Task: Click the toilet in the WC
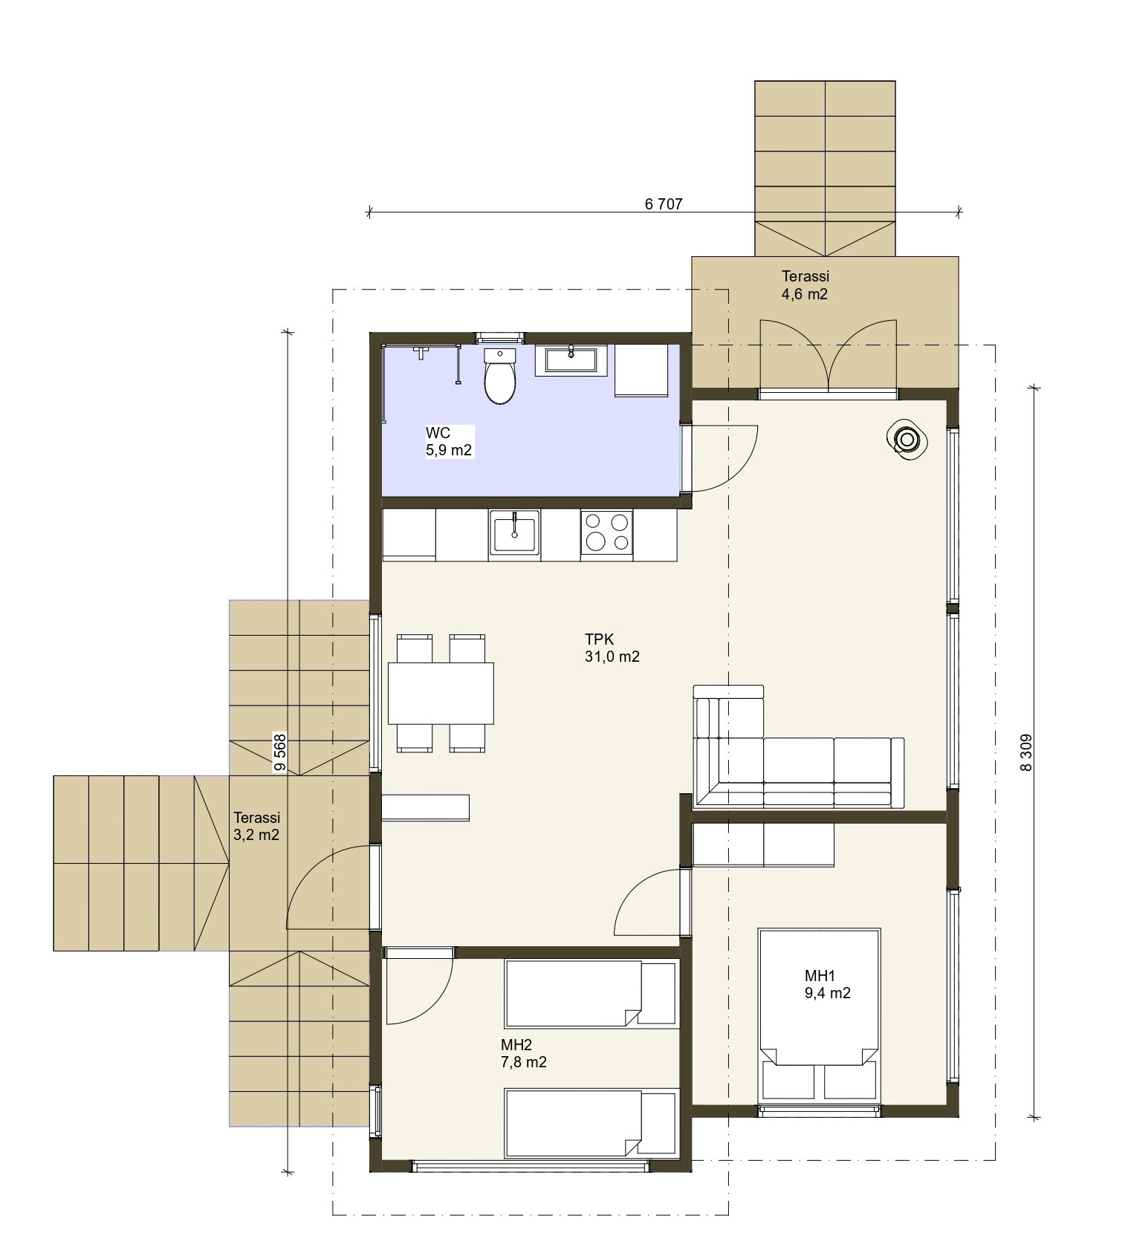click(x=500, y=376)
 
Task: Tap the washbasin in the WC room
click(x=570, y=359)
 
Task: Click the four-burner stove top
click(x=606, y=532)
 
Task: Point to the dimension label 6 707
click(x=664, y=204)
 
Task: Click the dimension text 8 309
click(x=1026, y=753)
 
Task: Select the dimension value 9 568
click(x=279, y=753)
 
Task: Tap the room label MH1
click(x=820, y=975)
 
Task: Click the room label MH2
click(x=516, y=1045)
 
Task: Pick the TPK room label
click(x=599, y=639)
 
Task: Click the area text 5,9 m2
click(x=449, y=450)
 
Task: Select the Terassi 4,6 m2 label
click(x=805, y=285)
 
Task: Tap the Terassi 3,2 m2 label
click(x=256, y=826)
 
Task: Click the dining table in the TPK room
click(x=441, y=693)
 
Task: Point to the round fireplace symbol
click(x=907, y=440)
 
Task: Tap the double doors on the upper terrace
click(x=828, y=355)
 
